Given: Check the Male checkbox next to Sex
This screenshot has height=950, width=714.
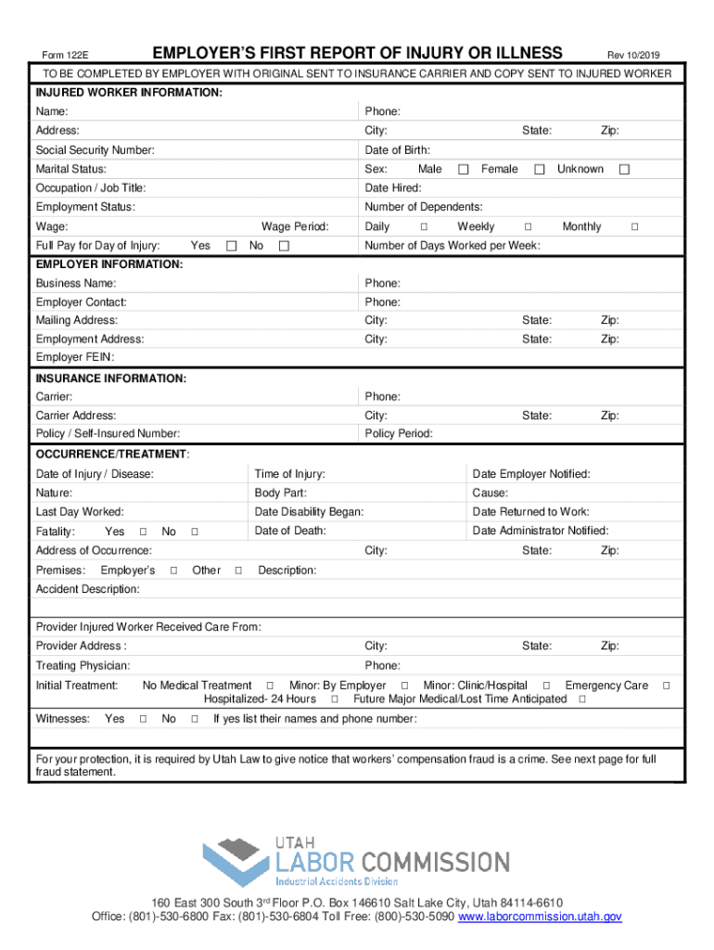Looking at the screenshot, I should pos(464,170).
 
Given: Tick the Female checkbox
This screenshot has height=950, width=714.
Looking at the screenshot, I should pos(538,170).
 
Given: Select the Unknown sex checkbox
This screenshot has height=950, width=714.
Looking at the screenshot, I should pos(624,170).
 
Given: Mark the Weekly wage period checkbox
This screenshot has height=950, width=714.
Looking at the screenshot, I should pos(528,227).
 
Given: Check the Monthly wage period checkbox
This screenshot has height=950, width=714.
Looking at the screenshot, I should pos(634,227).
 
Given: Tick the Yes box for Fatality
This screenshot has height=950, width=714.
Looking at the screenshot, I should pos(143,533).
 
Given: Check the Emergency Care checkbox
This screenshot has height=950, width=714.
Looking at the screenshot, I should pos(665,686).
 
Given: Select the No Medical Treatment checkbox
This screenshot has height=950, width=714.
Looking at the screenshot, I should pos(270,686).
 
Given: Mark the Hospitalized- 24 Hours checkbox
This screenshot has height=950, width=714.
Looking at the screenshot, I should pos(334,700).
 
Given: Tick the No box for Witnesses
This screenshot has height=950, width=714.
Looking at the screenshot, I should pos(195,719).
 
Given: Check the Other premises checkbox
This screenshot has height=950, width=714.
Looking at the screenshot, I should pos(239,571).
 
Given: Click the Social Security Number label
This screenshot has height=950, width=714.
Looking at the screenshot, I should pos(95,150).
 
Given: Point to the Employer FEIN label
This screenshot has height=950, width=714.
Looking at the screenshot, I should pos(75,357).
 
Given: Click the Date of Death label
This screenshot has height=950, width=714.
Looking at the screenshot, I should pos(290,531).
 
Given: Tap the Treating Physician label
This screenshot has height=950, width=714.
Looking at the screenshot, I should pos(83,666).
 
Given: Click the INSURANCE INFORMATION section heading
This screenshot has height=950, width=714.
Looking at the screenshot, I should pos(110,379).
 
